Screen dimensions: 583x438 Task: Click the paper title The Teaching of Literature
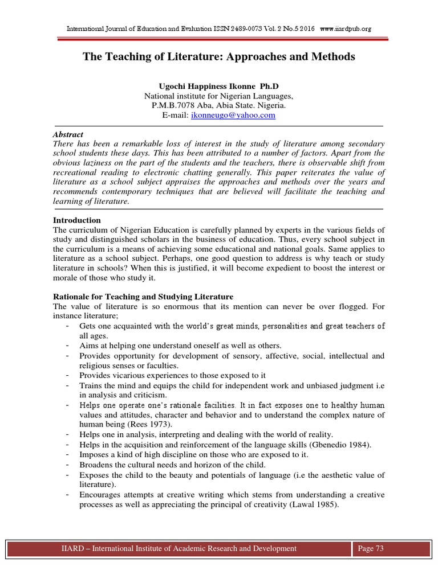(x=219, y=57)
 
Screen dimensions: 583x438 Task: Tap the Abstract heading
(x=68, y=135)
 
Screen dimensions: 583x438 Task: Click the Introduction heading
(x=77, y=220)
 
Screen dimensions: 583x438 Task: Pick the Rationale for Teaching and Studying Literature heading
(x=143, y=297)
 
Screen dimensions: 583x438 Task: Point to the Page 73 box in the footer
(x=370, y=548)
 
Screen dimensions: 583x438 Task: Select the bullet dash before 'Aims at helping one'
(x=68, y=346)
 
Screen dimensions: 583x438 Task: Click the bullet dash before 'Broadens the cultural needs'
(x=68, y=465)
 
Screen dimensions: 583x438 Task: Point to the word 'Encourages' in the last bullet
(x=102, y=494)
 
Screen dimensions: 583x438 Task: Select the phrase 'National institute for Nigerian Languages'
(x=218, y=96)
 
